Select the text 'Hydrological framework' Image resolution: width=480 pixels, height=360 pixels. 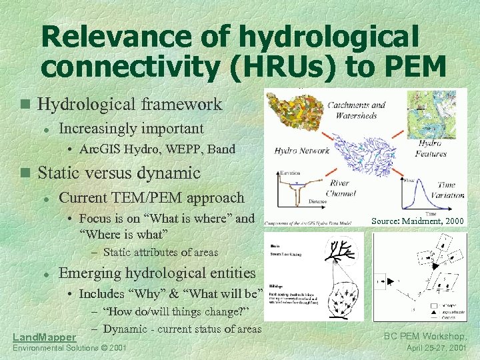129,104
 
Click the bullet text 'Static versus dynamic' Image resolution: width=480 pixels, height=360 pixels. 119,173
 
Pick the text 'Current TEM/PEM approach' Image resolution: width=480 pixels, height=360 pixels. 151,198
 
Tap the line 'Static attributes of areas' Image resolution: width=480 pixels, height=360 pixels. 161,252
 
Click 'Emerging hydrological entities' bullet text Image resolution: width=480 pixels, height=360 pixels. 157,273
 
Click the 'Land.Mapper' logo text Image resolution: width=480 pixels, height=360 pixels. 45,337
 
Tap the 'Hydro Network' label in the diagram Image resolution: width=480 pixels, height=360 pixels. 302,151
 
